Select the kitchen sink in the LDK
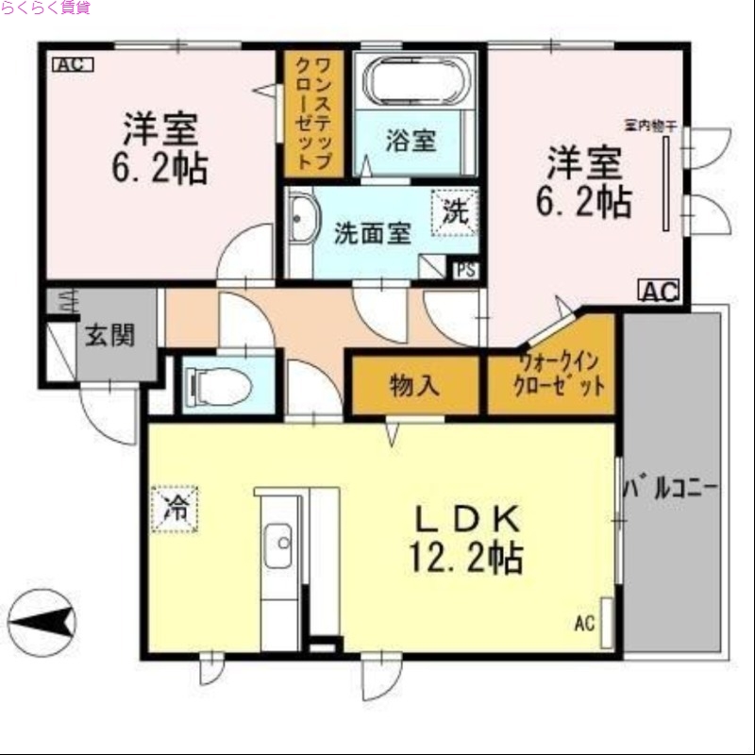point(278,545)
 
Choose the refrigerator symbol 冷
point(176,509)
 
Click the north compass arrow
point(40,620)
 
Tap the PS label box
point(465,269)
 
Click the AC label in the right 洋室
point(661,292)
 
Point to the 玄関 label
point(109,335)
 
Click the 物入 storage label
point(414,385)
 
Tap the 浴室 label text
point(411,141)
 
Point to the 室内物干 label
point(651,124)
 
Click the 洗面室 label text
point(373,233)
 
